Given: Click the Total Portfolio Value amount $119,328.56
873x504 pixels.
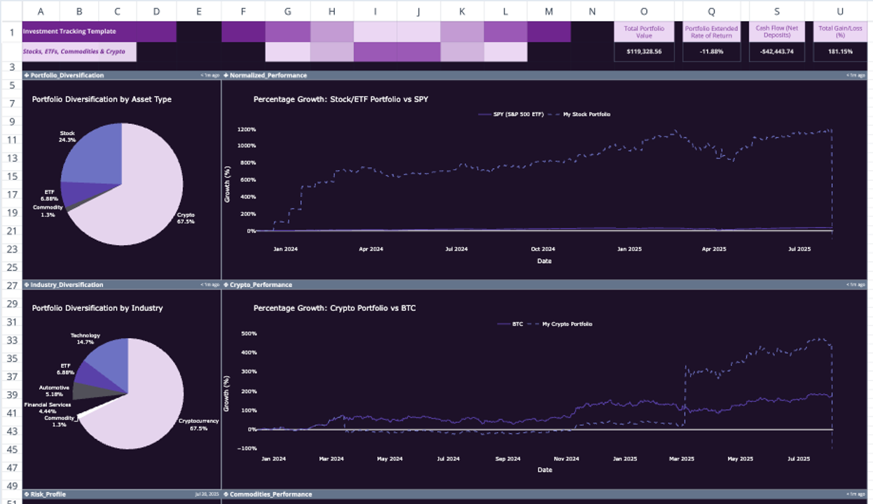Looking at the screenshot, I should pos(644,51).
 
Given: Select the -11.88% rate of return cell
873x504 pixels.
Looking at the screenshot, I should pos(711,51).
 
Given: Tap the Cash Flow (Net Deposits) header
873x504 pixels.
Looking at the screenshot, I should pos(776,31).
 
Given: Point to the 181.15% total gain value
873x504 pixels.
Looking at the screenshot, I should pos(840,51).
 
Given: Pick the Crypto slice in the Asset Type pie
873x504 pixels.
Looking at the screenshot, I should pos(133,203).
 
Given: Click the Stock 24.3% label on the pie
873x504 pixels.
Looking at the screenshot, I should pos(67,136).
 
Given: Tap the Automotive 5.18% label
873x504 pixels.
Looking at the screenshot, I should pos(54,391).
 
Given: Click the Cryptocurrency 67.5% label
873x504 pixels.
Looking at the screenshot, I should pos(198,424).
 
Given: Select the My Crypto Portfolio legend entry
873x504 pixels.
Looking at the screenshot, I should pos(567,324).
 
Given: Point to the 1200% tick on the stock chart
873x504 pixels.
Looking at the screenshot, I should pos(247,129).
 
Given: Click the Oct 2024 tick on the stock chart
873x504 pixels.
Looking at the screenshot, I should pos(543,248).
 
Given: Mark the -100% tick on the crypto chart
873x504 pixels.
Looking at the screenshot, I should pos(249,448).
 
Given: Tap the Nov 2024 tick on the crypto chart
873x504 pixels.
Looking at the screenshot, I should pos(566,458).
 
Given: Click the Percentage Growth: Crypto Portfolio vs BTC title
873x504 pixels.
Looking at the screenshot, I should pos(334,308).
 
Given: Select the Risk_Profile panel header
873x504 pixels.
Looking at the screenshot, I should pos(48,494).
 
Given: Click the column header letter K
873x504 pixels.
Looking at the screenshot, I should pos(462,11).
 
